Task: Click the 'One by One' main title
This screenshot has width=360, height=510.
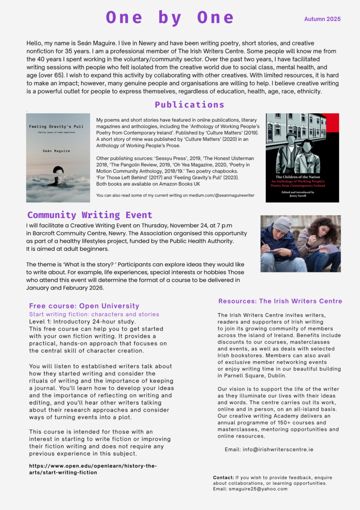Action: tap(170, 17)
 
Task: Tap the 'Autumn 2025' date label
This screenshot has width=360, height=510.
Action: tap(322, 19)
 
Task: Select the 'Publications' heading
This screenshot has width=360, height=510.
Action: tap(189, 104)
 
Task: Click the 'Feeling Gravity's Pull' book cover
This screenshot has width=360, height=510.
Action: tap(58, 158)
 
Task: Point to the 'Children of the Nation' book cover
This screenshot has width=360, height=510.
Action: tap(302, 158)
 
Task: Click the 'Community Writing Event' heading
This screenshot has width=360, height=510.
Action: tap(90, 215)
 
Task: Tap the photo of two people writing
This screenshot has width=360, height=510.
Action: tap(300, 243)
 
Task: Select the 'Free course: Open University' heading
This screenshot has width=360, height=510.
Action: tap(84, 306)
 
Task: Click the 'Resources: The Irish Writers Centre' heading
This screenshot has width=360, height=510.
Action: tap(280, 301)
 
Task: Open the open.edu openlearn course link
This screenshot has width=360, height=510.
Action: tap(93, 469)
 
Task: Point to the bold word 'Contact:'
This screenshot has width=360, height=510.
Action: tap(223, 477)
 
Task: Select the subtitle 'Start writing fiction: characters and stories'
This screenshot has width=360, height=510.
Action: tap(94, 314)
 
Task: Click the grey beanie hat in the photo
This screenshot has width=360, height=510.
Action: tap(282, 224)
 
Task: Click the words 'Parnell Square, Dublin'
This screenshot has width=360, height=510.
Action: tap(251, 375)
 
